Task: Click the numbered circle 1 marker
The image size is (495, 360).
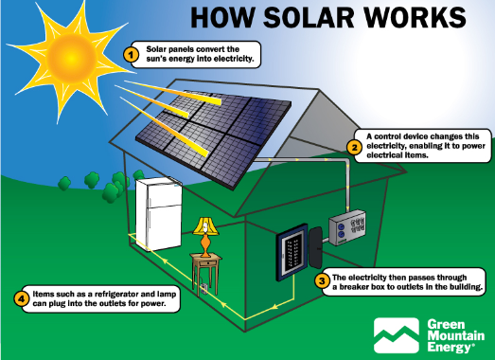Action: coord(131,55)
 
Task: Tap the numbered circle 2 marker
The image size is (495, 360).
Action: coord(355,147)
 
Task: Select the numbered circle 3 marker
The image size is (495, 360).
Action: coord(322,281)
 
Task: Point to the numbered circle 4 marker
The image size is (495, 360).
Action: coord(22,298)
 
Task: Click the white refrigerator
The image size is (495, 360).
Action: coord(159,214)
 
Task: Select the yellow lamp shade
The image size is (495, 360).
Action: coord(205,225)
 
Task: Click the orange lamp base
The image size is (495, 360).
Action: coord(205,245)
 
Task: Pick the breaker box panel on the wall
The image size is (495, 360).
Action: coord(292,252)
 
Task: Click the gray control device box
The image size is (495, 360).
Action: coord(347,227)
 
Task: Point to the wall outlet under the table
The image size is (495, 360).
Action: coord(203,289)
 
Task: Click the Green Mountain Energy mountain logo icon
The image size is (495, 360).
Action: coord(397,335)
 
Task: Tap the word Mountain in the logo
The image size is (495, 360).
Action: coord(456,335)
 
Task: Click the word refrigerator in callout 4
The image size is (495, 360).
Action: coord(116,295)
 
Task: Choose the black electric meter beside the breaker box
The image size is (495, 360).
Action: coord(315,247)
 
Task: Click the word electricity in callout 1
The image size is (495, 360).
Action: coord(234,59)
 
